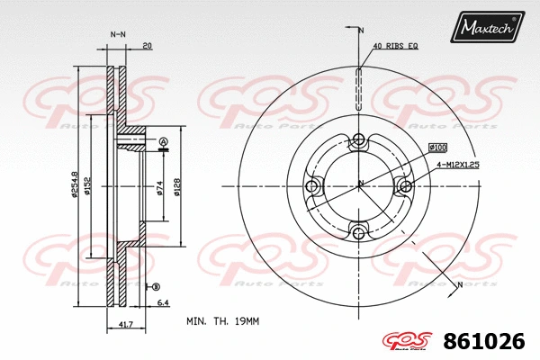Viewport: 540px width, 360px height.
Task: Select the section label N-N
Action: [x=117, y=35]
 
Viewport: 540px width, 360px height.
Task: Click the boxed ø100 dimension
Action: [x=438, y=147]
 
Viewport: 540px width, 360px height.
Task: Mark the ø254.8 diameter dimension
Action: [x=74, y=186]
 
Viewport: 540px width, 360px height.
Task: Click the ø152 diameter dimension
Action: [x=86, y=186]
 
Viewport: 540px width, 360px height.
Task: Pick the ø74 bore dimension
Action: [x=159, y=186]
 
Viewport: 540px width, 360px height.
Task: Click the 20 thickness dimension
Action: [x=146, y=45]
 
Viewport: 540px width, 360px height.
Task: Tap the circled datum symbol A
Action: [x=163, y=142]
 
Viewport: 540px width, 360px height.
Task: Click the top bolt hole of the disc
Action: [x=359, y=139]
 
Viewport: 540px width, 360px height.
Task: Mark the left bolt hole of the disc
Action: [x=313, y=186]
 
